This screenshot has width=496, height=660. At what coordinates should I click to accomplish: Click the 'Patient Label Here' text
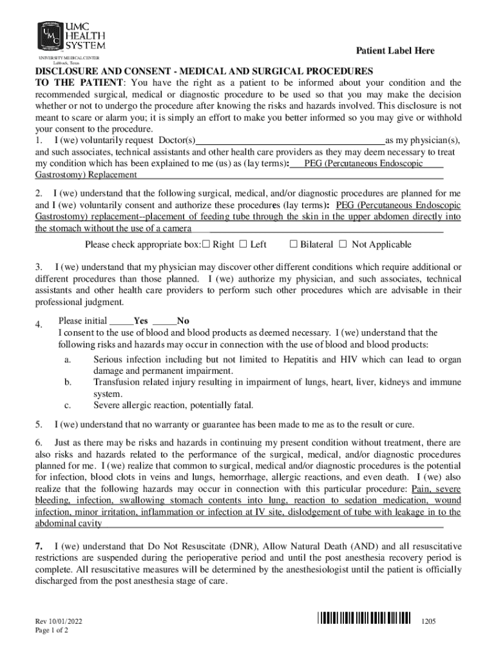396,51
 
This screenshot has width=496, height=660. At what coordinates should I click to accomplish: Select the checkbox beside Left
243,244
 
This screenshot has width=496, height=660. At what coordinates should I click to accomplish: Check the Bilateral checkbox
293,244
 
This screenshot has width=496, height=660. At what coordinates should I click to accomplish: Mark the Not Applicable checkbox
343,244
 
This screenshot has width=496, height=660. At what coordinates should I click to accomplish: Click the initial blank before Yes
121,321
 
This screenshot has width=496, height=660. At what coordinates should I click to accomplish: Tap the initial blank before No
165,321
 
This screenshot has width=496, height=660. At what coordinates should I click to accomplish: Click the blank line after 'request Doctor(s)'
289,141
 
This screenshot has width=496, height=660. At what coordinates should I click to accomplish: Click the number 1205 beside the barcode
429,621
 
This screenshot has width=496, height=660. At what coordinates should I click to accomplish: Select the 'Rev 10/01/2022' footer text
59,621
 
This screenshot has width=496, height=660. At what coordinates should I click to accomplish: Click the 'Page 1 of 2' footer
52,631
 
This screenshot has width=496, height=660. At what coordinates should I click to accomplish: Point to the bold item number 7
39,547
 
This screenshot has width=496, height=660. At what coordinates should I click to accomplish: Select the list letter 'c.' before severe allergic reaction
67,405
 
